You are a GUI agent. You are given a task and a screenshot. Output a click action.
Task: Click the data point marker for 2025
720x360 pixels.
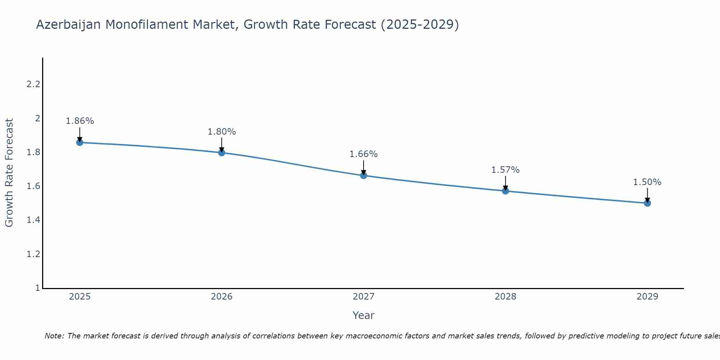(x=80, y=143)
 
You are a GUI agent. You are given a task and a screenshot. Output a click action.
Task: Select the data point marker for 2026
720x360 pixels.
(x=222, y=153)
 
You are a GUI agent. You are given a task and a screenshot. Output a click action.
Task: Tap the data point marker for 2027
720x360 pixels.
(x=364, y=176)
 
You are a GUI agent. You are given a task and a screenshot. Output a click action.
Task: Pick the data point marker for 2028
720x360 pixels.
(x=505, y=191)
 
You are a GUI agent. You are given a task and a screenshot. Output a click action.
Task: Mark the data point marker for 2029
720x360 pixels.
(x=647, y=203)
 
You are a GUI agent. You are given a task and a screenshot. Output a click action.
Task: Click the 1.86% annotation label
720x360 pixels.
(x=80, y=121)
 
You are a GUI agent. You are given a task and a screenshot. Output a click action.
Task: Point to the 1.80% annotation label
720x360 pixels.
(x=222, y=132)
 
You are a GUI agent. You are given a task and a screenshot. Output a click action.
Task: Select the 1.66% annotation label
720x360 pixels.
(x=364, y=154)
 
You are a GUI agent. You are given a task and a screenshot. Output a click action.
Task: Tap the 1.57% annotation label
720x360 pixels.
(x=505, y=170)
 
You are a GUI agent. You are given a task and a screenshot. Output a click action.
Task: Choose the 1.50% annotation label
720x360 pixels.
(x=647, y=182)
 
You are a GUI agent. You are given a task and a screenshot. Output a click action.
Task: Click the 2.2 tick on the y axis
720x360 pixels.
(x=33, y=85)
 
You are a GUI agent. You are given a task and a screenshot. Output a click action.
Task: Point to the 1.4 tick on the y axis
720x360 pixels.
(x=33, y=220)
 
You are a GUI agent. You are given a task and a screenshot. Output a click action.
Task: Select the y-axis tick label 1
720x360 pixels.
(x=37, y=288)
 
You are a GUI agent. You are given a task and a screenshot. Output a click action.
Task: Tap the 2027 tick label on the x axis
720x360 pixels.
(x=364, y=297)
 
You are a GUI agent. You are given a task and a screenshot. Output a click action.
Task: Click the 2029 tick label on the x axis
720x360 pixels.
(x=647, y=297)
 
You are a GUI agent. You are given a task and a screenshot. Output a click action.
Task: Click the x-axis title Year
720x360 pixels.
(x=364, y=315)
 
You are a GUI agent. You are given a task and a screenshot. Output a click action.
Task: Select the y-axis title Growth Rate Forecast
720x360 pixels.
(x=9, y=173)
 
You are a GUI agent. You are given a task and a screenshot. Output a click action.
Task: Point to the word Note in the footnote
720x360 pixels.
(x=54, y=336)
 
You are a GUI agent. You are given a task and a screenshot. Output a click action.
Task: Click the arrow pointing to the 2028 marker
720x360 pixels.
(x=505, y=183)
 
